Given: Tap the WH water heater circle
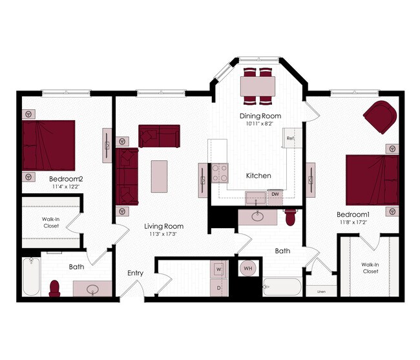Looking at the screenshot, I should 248,268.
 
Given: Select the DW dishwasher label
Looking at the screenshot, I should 275,194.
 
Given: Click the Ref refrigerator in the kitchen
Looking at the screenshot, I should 291,138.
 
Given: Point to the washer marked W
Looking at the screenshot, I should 218,268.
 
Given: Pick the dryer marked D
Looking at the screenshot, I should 218,287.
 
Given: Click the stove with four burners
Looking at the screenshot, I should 220,172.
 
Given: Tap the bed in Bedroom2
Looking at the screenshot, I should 48,144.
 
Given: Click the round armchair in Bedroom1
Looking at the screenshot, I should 380,116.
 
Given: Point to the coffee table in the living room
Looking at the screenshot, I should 159,176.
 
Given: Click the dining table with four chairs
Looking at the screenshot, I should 258,85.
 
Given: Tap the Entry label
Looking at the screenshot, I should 135,273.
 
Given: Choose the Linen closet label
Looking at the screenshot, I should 321,291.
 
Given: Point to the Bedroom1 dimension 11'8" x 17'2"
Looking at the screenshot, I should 352,223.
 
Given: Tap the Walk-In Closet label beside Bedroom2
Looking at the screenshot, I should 51,222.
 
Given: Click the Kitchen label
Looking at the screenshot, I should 258,176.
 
